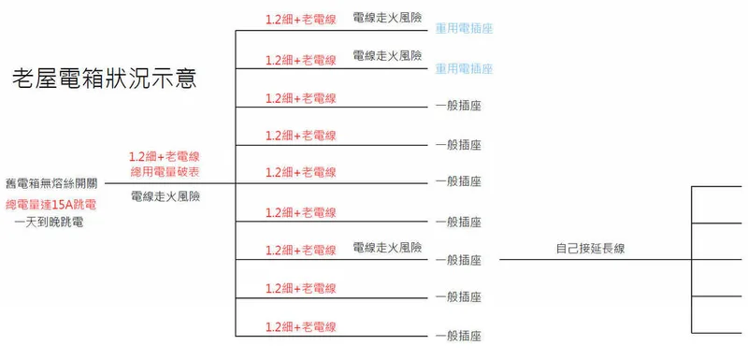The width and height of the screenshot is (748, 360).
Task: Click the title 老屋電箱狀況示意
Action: pyautogui.click(x=105, y=79)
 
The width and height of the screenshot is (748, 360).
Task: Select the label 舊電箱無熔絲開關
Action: pyautogui.click(x=51, y=183)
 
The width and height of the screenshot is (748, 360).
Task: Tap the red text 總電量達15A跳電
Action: pyautogui.click(x=51, y=205)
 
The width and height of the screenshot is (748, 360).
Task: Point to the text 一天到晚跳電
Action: pyautogui.click(x=50, y=223)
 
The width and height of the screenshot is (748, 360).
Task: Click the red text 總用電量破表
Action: pyautogui.click(x=165, y=172)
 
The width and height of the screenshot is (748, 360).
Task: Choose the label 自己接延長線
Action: pyautogui.click(x=591, y=249)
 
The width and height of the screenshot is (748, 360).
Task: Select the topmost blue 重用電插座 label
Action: pyautogui.click(x=464, y=29)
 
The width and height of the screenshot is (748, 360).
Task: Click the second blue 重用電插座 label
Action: pyautogui.click(x=464, y=69)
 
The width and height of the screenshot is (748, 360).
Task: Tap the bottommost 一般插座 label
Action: pyautogui.click(x=458, y=336)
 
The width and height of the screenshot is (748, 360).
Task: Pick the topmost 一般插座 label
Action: pyautogui.click(x=458, y=106)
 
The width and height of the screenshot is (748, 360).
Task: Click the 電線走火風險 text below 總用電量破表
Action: pyautogui.click(x=165, y=196)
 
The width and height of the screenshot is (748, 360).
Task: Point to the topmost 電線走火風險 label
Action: pyautogui.click(x=387, y=18)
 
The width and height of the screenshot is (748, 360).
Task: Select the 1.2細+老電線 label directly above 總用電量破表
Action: pyautogui.click(x=165, y=157)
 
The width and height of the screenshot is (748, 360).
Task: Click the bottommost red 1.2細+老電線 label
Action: pyautogui.click(x=301, y=327)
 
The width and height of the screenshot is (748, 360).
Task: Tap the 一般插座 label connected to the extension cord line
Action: pyautogui.click(x=458, y=260)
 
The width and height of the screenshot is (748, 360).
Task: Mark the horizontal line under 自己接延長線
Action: pyautogui.click(x=596, y=259)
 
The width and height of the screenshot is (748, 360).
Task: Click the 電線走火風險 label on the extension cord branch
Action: pyautogui.click(x=387, y=248)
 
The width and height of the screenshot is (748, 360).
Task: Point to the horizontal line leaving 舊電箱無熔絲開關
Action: pyautogui.click(x=170, y=183)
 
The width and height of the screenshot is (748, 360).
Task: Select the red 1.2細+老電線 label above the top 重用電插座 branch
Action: pyautogui.click(x=301, y=20)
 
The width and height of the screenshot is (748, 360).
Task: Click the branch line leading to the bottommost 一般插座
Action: pyautogui.click(x=332, y=337)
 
